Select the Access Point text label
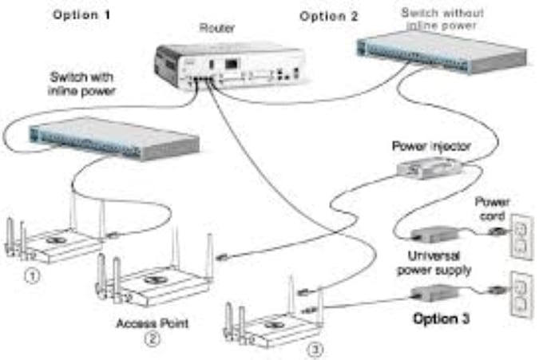click(x=147, y=322)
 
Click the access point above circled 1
click(x=52, y=239)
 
